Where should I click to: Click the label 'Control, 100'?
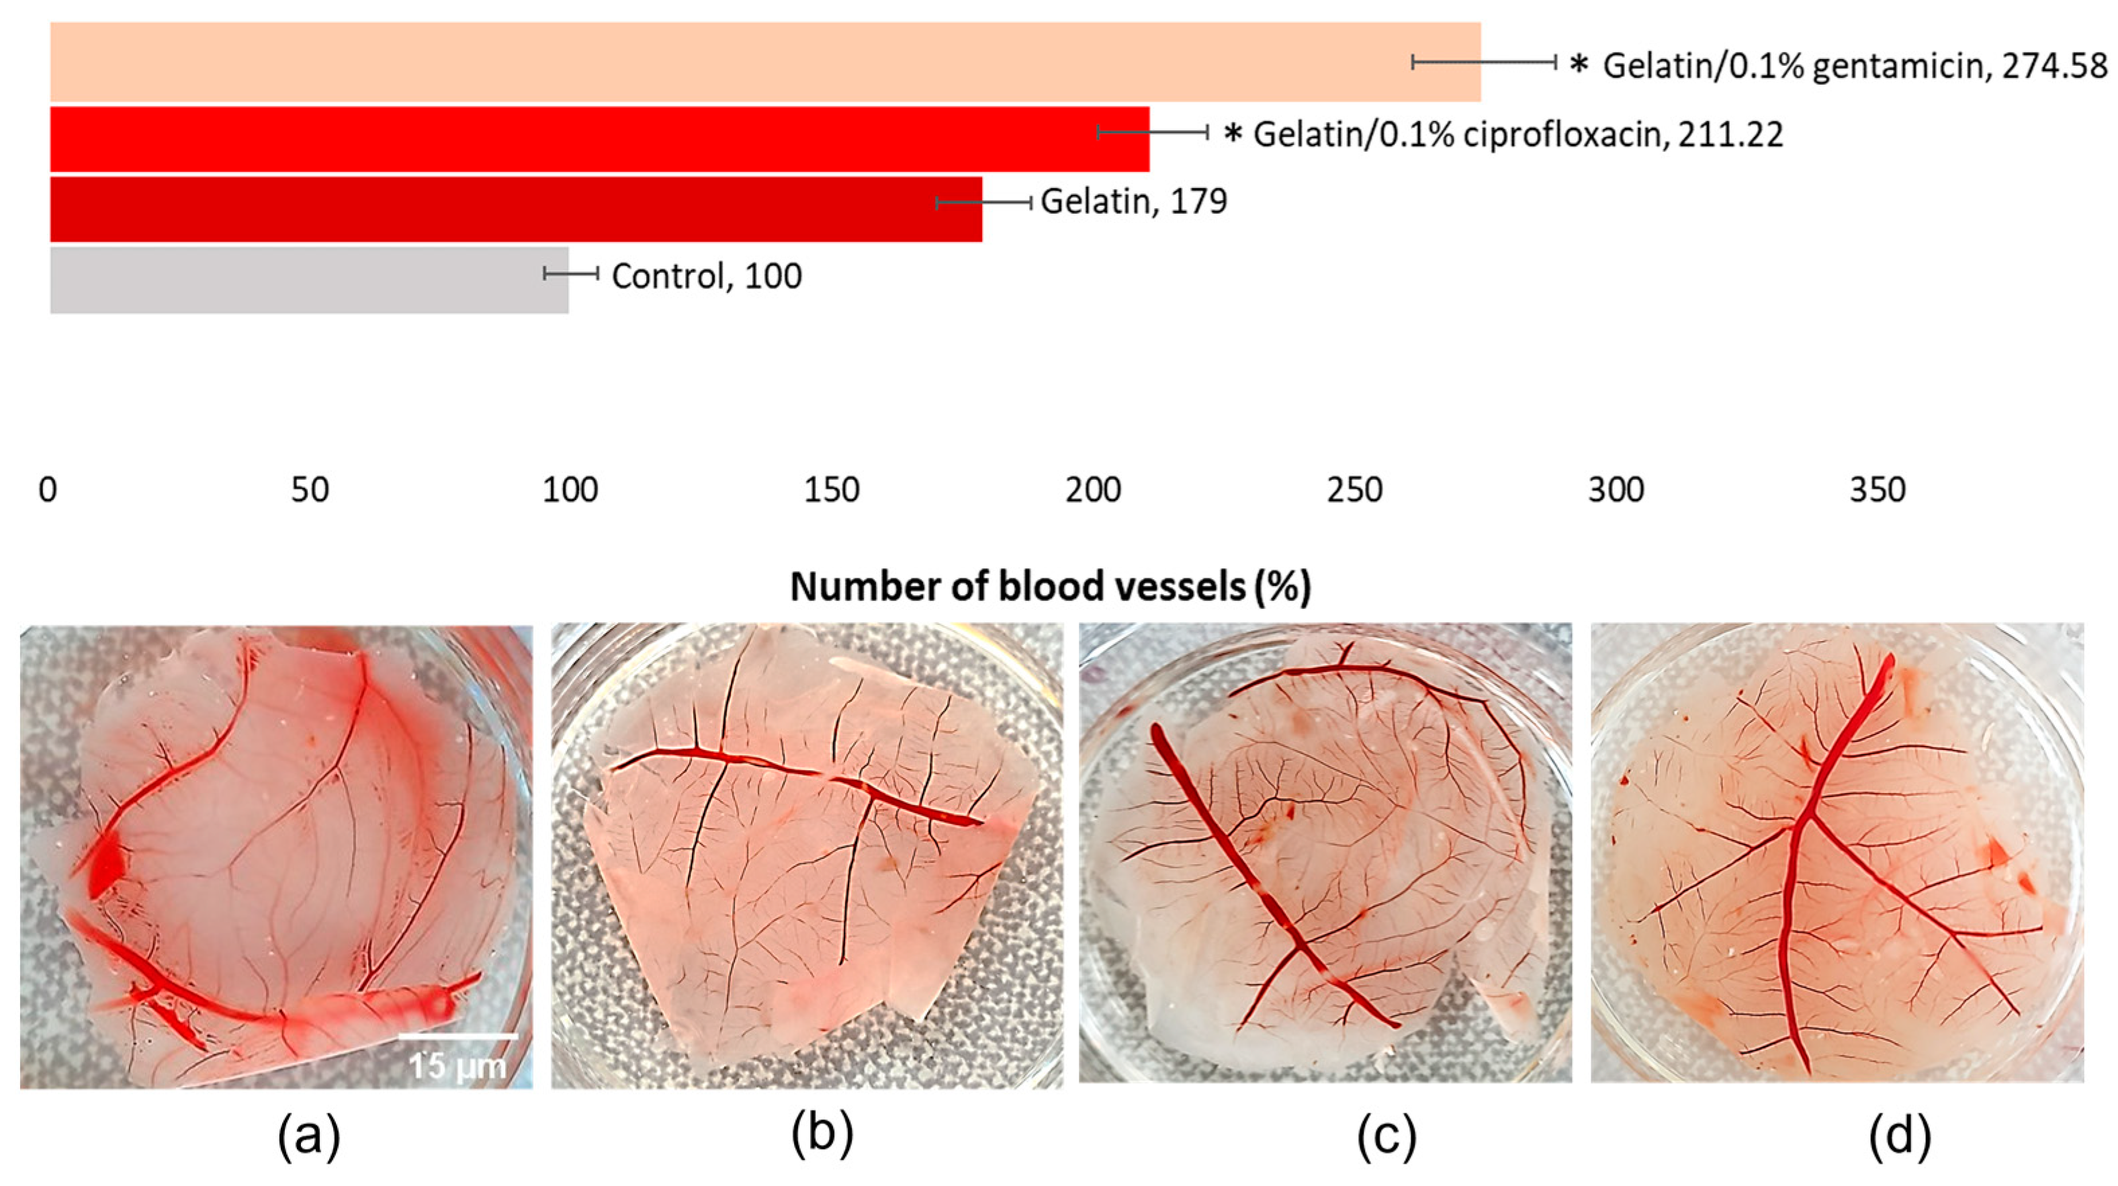tap(706, 276)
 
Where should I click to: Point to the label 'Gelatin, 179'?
tap(1134, 202)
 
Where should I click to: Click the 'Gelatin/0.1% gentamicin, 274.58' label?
tap(1855, 66)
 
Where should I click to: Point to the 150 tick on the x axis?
tap(832, 491)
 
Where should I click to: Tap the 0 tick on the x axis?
tap(48, 491)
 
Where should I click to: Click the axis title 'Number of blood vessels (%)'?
tap(1050, 587)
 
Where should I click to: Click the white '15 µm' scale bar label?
tap(458, 1066)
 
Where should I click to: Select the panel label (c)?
tap(1386, 1136)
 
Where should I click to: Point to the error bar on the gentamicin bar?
tap(1484, 62)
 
